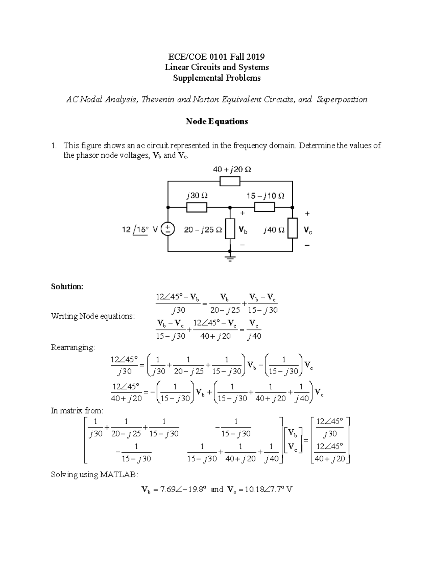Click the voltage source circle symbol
[168, 229]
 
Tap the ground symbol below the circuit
[230, 258]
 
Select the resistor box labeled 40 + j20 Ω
[230, 181]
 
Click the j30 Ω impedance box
[197, 207]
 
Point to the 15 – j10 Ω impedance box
[265, 207]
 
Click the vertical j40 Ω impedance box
[292, 228]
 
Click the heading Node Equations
[217, 121]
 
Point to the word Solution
[67, 287]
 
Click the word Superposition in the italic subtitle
[342, 100]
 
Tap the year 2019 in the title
[255, 56]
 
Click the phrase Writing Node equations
[93, 316]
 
